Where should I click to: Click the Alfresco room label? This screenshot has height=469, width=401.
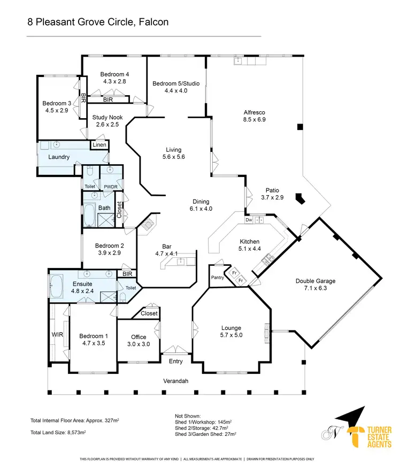coord(255,112)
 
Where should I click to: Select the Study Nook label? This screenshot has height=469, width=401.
coord(107,117)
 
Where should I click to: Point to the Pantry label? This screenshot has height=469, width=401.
coord(217,278)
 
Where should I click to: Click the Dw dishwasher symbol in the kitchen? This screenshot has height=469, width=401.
coord(249,220)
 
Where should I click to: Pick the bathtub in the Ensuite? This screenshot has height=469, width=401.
coord(57,289)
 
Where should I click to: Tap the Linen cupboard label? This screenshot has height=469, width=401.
coord(99,145)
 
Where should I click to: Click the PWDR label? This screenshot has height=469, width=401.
coord(111,186)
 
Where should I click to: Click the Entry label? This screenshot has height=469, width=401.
coord(175,362)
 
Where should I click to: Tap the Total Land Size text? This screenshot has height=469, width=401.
coord(58,432)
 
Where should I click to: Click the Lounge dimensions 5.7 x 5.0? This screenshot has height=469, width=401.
coord(231,335)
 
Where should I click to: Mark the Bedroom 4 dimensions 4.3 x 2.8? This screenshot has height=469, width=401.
coord(115,82)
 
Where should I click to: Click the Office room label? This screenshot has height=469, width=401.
coord(138,337)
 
